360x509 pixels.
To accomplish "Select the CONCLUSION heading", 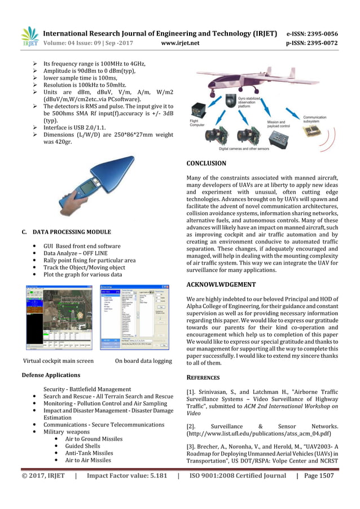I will pyautogui.click(x=206, y=164).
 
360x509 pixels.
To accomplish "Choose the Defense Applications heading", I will pyautogui.click(x=50, y=375).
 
